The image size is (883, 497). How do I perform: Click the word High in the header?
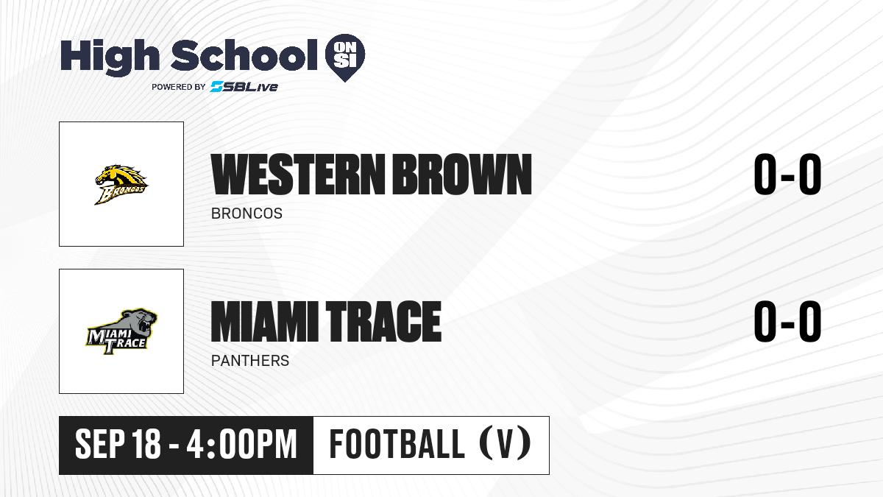click(110, 57)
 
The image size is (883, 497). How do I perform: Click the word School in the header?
click(244, 54)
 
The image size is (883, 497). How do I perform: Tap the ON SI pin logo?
click(345, 57)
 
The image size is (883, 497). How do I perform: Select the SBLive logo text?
click(244, 86)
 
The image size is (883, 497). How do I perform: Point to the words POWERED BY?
click(179, 87)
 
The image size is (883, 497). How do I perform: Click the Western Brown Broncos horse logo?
click(121, 185)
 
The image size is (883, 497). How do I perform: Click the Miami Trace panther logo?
click(121, 332)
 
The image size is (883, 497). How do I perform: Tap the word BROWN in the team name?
click(462, 175)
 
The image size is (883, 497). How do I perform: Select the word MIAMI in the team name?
click(264, 321)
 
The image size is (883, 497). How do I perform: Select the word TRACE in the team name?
click(383, 321)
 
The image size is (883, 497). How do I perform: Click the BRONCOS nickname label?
click(247, 214)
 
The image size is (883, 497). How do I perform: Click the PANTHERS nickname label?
click(250, 361)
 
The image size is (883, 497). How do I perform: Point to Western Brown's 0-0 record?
click(787, 175)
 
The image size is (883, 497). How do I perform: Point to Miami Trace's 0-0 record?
click(787, 321)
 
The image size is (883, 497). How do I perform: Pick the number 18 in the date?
click(146, 444)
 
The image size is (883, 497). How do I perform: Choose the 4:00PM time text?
click(241, 444)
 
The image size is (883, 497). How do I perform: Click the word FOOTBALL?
click(397, 444)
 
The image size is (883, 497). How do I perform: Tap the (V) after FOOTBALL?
click(505, 443)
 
